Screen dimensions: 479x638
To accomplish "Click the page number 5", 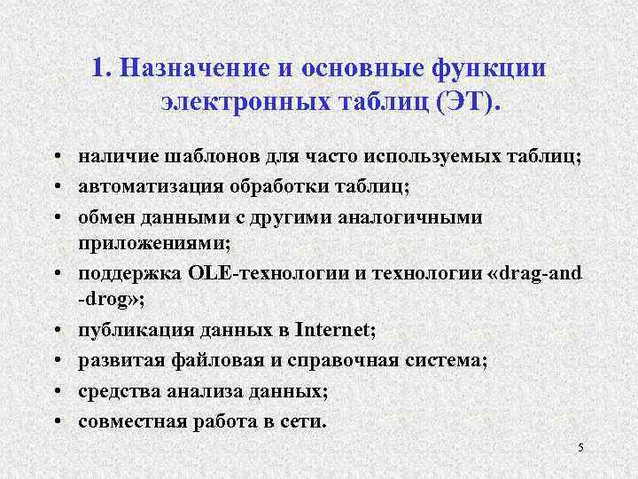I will (580, 447).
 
